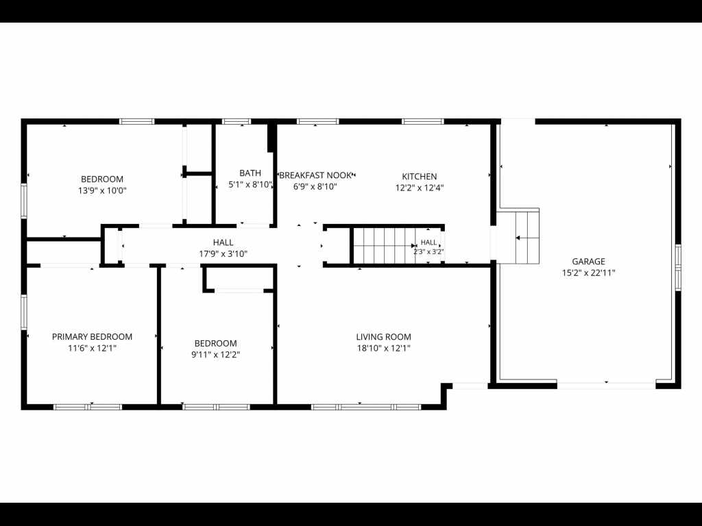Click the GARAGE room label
(x=588, y=261)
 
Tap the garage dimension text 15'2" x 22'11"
(x=588, y=273)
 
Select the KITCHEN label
(x=419, y=176)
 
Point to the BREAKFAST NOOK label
(x=315, y=175)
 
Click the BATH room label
(x=250, y=173)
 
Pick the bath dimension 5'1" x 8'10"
(x=250, y=184)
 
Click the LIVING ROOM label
(x=384, y=337)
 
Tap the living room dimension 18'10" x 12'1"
(x=384, y=348)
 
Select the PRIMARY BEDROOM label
(x=93, y=336)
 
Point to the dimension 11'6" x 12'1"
(x=93, y=348)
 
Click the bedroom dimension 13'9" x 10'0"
(x=102, y=190)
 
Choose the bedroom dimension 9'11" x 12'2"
(x=215, y=355)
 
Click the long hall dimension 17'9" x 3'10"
(x=223, y=254)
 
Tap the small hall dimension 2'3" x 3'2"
(x=428, y=251)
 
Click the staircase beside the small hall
(x=384, y=246)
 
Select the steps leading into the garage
(x=527, y=237)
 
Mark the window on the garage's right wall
(x=678, y=267)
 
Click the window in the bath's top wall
(x=237, y=121)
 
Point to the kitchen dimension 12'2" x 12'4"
(x=419, y=188)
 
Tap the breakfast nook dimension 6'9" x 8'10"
(x=315, y=186)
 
